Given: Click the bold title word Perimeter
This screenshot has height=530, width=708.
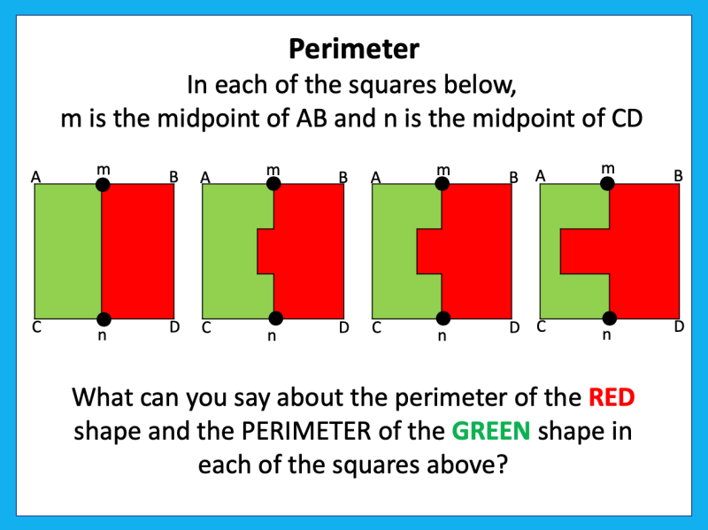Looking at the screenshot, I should pos(354,48).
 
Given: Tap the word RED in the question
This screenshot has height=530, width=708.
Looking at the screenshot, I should pos(612,397).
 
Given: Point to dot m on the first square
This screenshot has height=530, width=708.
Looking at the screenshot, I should pos(103,184).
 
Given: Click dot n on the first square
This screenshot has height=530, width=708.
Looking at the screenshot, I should pos(104,319).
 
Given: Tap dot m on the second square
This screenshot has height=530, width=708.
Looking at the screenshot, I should pos(273,184).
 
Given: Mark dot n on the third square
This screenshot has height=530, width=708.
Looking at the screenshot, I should pos(442,319).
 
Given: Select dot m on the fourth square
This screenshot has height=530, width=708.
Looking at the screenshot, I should pos(607,183).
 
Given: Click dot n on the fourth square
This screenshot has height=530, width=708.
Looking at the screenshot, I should pos(608,319).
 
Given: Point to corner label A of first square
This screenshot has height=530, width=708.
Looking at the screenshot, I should pos(36,177).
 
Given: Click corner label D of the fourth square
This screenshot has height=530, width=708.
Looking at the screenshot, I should pos(679,326).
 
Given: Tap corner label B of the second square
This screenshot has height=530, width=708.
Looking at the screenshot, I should pos(342,177).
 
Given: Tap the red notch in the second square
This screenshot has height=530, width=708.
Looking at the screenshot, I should pos(265,251).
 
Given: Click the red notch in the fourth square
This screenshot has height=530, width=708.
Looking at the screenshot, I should pos(584,251).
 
